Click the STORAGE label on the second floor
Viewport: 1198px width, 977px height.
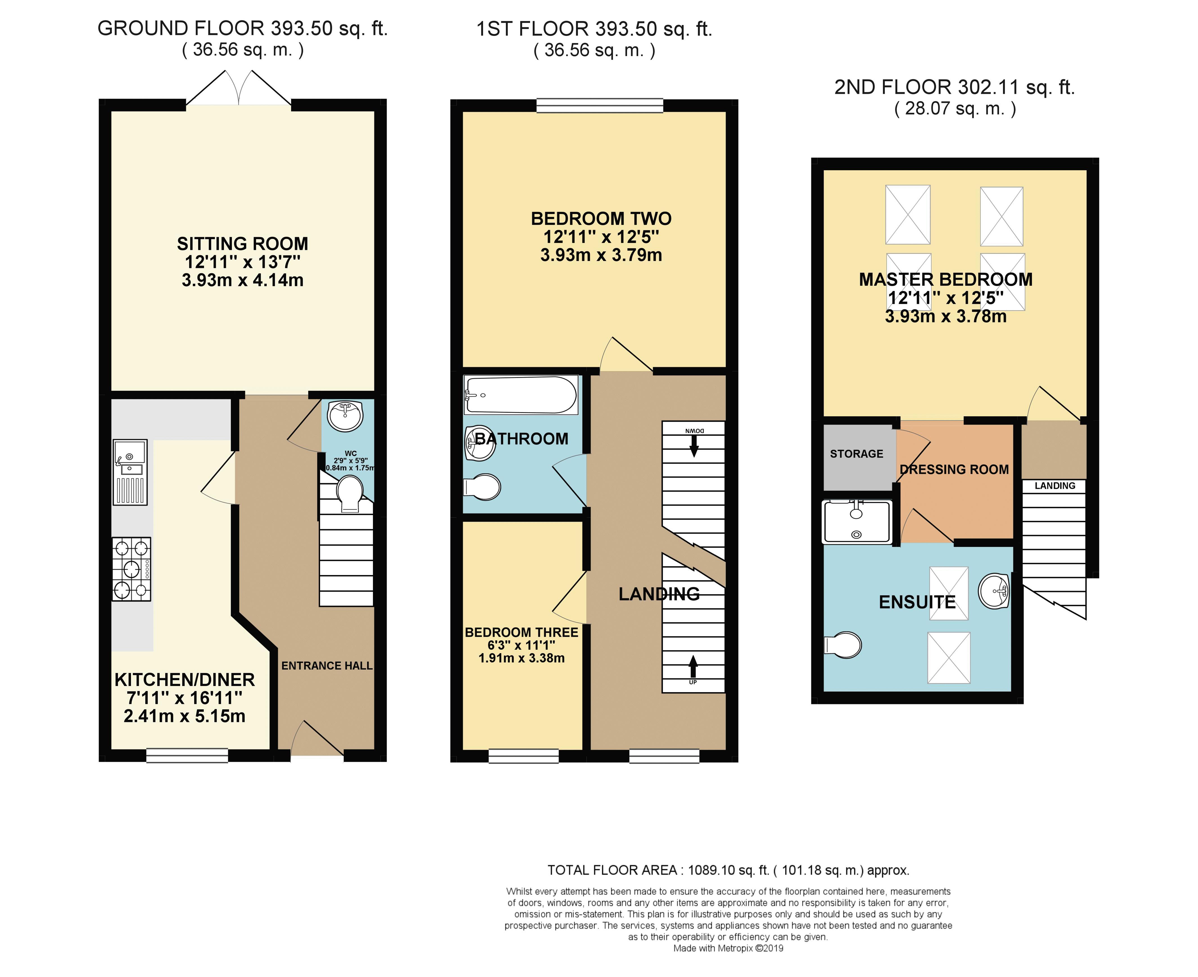[x=856, y=454]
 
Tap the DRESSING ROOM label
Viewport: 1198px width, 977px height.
[x=954, y=469]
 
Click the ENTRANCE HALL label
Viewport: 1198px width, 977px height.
[x=327, y=666]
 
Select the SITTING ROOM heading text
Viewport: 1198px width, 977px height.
[x=243, y=244]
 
